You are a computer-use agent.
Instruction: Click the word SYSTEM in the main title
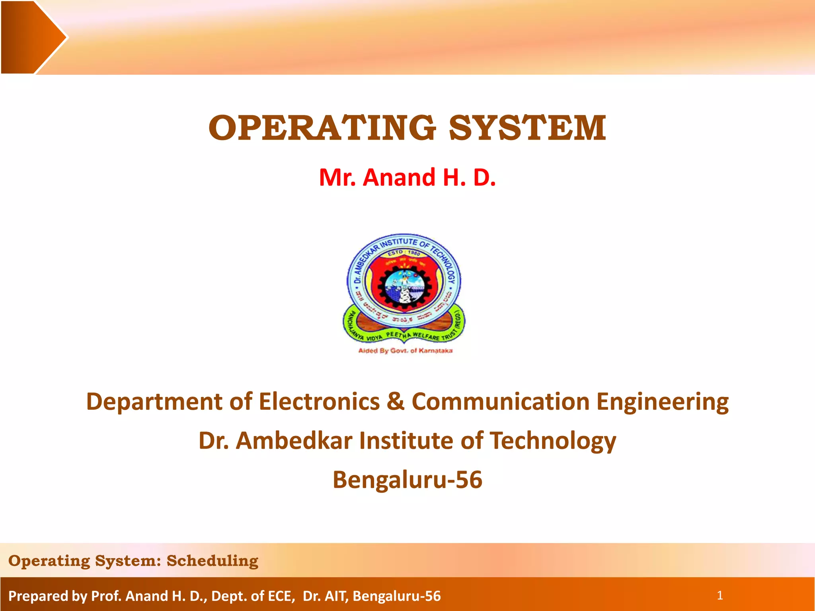[x=528, y=128]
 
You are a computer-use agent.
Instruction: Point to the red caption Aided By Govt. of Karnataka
[x=405, y=351]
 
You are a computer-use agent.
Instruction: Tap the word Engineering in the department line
[x=662, y=401]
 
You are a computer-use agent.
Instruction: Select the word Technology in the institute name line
[x=553, y=441]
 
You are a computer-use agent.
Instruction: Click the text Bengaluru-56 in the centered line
[x=407, y=480]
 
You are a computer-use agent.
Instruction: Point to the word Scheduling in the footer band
[x=213, y=561]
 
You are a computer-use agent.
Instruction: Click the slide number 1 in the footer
[x=719, y=595]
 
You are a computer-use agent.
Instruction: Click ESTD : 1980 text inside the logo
[x=404, y=253]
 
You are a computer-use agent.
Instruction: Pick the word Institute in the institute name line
[x=406, y=441]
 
